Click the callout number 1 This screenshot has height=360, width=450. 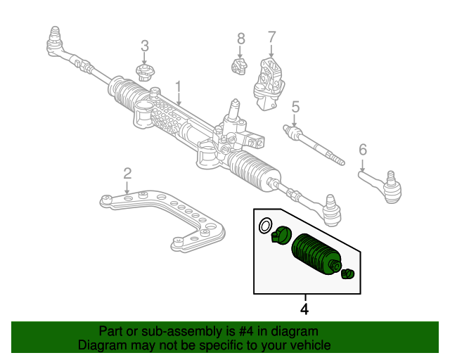coord(179,88)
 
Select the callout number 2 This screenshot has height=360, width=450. coord(127,173)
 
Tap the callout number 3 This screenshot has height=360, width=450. coord(145,46)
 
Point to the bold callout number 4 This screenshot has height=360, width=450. coord(304,309)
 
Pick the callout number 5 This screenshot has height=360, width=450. coord(295,107)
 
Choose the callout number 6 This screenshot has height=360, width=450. coord(363,149)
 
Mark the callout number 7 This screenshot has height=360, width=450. coord(271,37)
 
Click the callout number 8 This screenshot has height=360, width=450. coord(240,38)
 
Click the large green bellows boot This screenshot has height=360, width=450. coord(316,253)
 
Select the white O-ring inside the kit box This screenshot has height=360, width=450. coord(265,226)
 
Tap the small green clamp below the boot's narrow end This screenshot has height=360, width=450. coord(346,274)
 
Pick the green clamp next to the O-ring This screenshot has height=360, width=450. coord(281,235)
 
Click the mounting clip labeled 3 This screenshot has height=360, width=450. coord(145,72)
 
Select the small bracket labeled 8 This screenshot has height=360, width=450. coord(240,67)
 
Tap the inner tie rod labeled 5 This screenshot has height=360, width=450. coord(313,146)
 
